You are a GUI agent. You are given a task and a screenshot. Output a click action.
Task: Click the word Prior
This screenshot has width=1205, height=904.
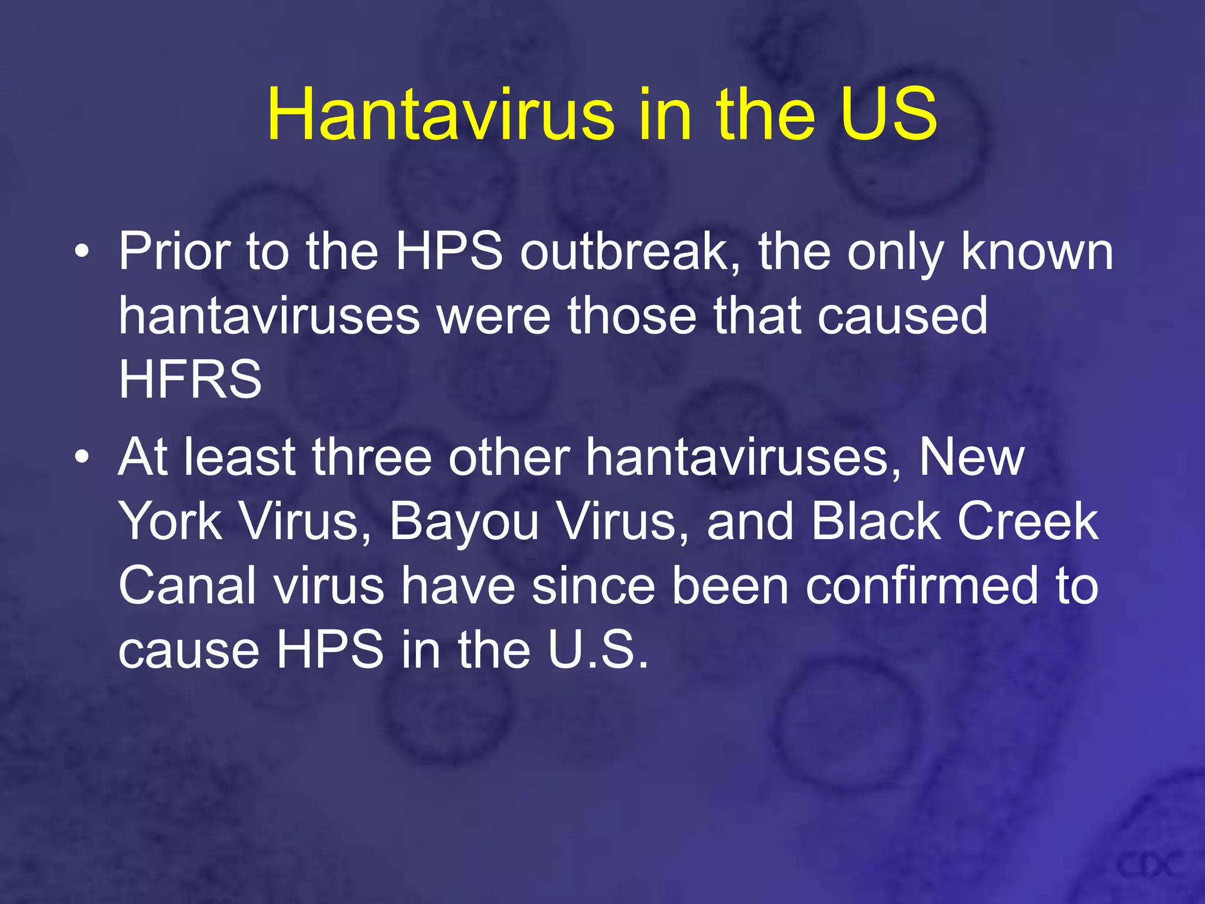174,252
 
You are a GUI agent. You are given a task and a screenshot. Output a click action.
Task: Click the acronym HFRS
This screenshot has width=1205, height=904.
190,380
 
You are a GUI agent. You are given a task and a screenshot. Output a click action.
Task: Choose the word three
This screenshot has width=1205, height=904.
371,457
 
